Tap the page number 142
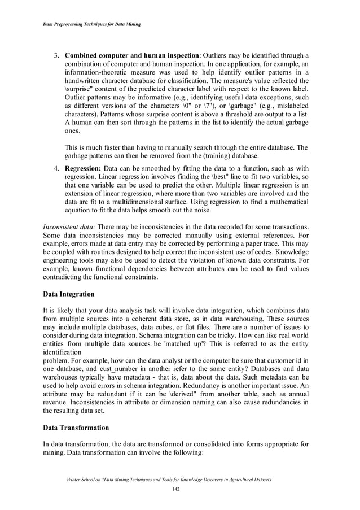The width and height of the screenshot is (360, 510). click(x=179, y=489)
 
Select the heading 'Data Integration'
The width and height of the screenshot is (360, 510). click(x=69, y=294)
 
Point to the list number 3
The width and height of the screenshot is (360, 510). click(x=56, y=55)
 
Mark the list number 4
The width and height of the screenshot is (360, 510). click(x=56, y=168)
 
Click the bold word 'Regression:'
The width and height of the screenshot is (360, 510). click(x=83, y=168)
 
